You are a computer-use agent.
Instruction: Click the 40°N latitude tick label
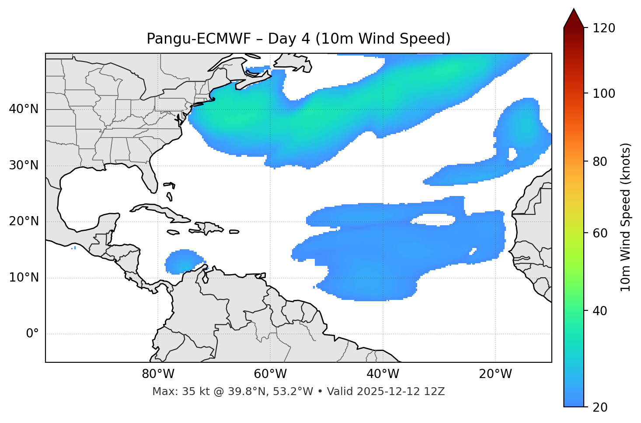[24, 109]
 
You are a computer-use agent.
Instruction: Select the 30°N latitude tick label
[24, 165]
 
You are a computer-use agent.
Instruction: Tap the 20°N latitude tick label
[24, 222]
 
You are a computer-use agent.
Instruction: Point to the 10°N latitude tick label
[24, 278]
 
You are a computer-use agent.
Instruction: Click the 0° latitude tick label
[32, 334]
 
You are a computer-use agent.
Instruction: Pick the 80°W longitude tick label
[158, 374]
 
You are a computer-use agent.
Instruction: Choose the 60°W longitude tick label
[270, 374]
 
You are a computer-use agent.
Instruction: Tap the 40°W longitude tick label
[383, 374]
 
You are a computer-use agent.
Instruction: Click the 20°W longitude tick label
[495, 374]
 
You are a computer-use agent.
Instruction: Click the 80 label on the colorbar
[601, 162]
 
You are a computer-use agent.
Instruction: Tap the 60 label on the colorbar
[601, 233]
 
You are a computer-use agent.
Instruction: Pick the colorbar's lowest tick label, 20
[601, 407]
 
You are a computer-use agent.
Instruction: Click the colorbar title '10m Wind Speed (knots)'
[626, 217]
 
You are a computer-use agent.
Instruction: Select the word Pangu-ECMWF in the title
[199, 39]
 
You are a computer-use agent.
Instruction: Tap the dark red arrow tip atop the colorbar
[574, 17]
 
